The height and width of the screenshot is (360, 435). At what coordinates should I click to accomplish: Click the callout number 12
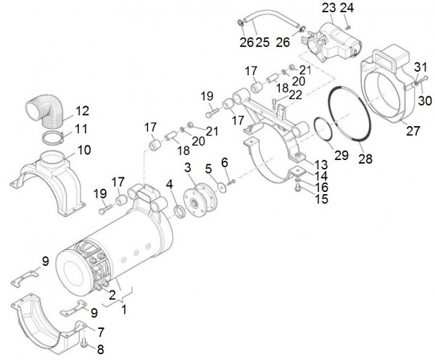coord(82,112)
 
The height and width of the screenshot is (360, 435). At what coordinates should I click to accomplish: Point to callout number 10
coord(84,151)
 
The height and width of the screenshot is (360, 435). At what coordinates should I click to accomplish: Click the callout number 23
coord(328,9)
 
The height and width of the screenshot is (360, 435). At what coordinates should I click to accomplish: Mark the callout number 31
coord(420,68)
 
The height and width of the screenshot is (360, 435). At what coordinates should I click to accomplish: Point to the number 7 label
coord(101,331)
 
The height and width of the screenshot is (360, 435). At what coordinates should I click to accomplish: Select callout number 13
coord(321,166)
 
